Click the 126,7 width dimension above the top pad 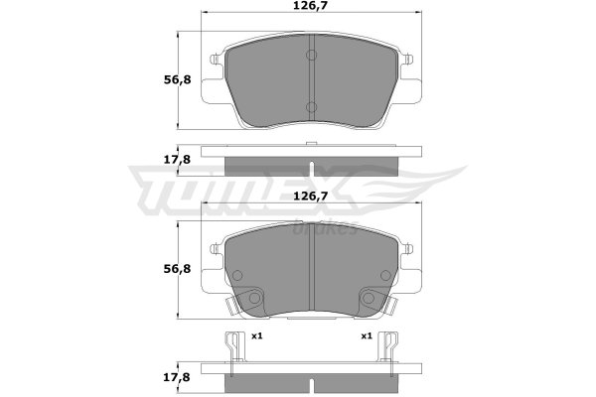311,5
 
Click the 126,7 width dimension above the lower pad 311,197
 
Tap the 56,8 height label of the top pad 177,80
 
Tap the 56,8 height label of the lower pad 177,269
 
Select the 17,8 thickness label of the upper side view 177,160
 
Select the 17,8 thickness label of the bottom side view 177,377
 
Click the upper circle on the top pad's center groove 311,56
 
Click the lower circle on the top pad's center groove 311,107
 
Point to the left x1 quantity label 257,335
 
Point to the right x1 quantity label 367,335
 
